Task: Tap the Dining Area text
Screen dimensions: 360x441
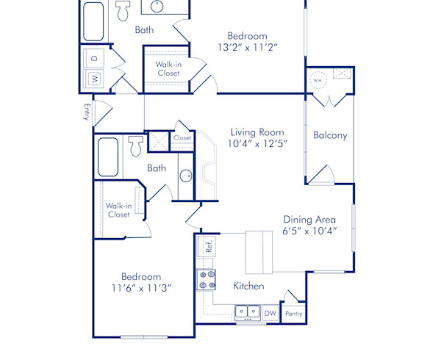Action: (309, 219)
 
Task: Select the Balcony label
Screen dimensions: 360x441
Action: (330, 135)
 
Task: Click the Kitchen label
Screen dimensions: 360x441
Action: (248, 286)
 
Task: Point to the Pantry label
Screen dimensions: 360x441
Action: (293, 314)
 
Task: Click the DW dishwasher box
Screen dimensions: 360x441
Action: (270, 313)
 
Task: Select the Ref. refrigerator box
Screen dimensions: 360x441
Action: (209, 246)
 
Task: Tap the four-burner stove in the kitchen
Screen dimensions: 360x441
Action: (206, 279)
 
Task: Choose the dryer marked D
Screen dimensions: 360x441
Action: (94, 57)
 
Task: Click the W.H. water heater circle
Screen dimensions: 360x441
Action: (318, 80)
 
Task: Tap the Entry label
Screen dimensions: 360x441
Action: (86, 112)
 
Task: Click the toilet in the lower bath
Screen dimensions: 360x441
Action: (135, 147)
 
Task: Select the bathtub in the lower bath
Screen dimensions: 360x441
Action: (109, 156)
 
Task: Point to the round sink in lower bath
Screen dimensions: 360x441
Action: (186, 176)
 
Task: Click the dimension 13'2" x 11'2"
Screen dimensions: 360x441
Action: (247, 47)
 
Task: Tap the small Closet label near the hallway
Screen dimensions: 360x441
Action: (182, 137)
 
